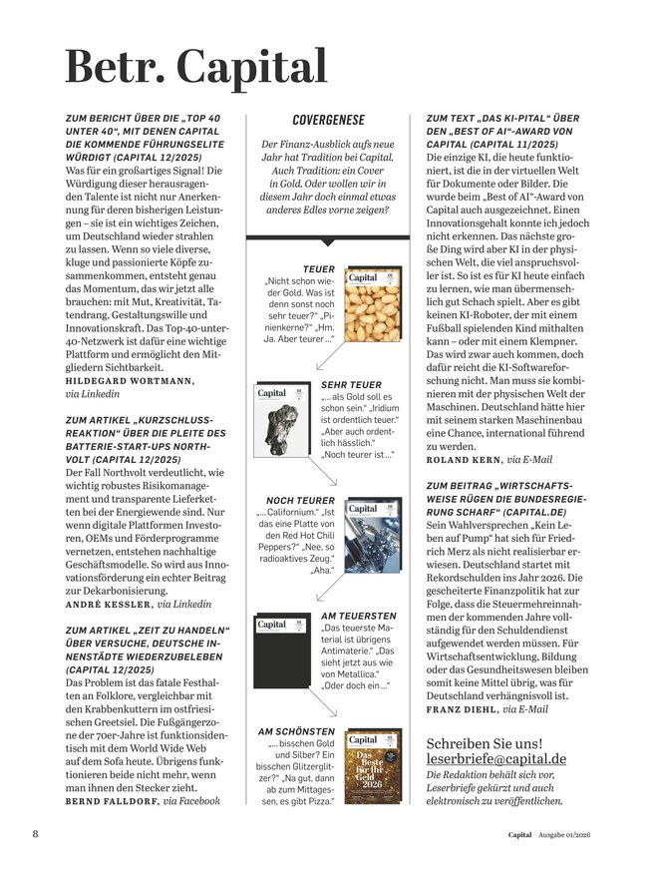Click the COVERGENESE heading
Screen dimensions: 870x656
point(328,120)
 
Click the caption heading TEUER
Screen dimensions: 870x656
point(320,269)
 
